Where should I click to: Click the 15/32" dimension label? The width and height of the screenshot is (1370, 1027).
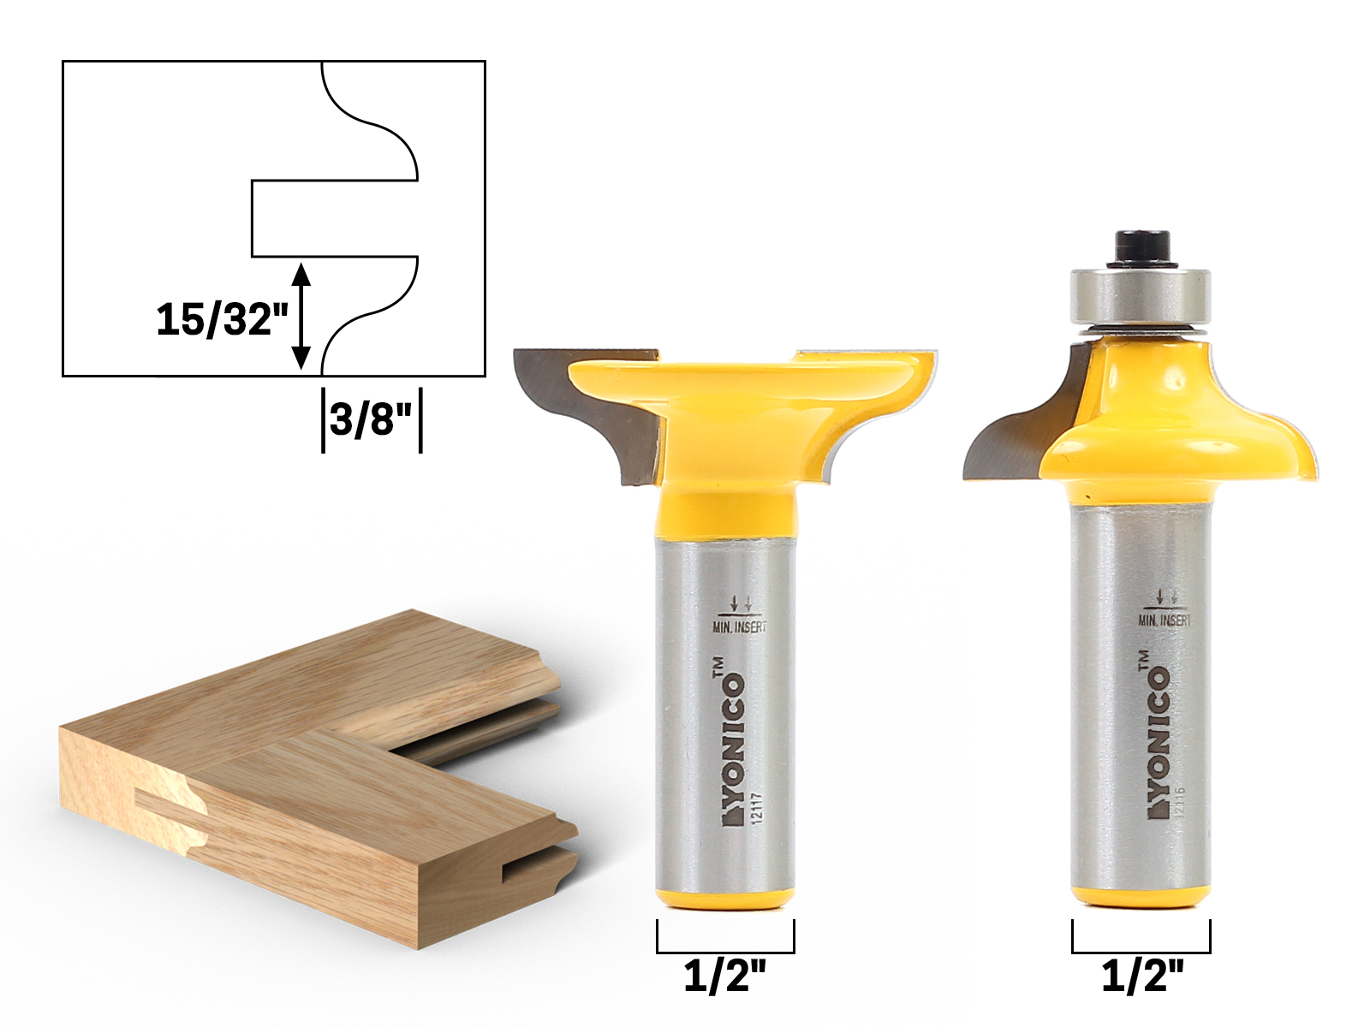[221, 319]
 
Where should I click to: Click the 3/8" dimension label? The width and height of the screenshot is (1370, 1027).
[371, 419]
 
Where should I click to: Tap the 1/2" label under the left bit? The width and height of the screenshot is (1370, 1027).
[724, 976]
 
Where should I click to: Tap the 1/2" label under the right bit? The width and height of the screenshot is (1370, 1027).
[1141, 976]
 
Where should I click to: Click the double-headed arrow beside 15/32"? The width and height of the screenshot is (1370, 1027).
[301, 316]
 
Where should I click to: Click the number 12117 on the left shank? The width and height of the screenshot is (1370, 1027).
[756, 809]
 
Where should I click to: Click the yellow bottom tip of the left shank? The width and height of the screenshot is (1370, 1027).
[724, 899]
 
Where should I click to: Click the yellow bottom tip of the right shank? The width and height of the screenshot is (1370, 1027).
[1141, 895]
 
